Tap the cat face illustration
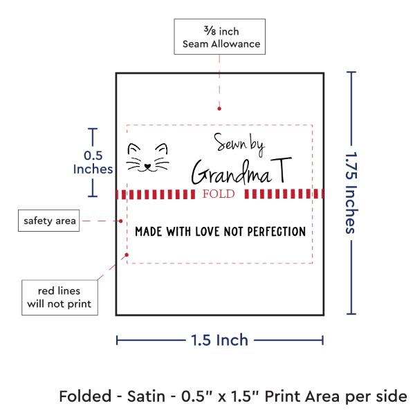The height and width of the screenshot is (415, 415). click(x=147, y=157)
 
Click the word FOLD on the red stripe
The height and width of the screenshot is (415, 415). click(x=219, y=194)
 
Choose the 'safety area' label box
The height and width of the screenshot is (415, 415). click(x=48, y=221)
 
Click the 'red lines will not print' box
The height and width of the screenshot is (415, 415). click(x=59, y=296)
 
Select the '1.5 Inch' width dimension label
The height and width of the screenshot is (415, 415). click(x=219, y=340)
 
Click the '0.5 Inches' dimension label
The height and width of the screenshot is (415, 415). click(x=92, y=162)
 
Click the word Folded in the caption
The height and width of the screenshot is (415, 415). click(x=84, y=396)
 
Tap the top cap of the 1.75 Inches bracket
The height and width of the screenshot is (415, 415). click(x=352, y=71)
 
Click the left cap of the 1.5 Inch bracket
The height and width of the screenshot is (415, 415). click(x=118, y=340)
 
